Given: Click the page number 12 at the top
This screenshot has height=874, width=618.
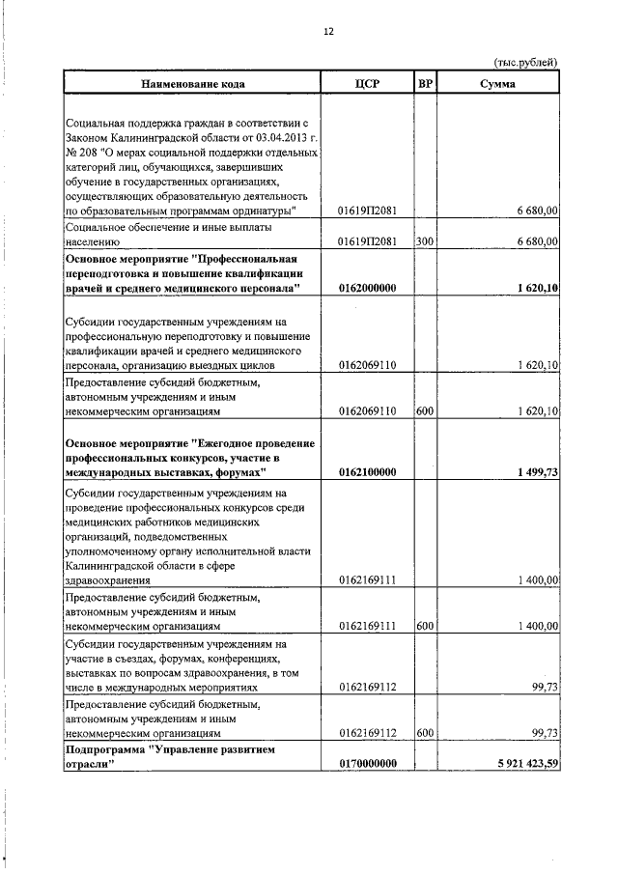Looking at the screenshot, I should [x=327, y=31].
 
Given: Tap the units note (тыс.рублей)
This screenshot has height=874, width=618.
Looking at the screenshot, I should [x=526, y=64].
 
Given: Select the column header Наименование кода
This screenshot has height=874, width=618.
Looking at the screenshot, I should [x=193, y=84].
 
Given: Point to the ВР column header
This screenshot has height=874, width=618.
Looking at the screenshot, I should [x=425, y=84].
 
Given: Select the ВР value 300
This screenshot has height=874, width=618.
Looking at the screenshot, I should [x=424, y=242].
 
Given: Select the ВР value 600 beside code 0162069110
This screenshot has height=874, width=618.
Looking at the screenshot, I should [x=424, y=411].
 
